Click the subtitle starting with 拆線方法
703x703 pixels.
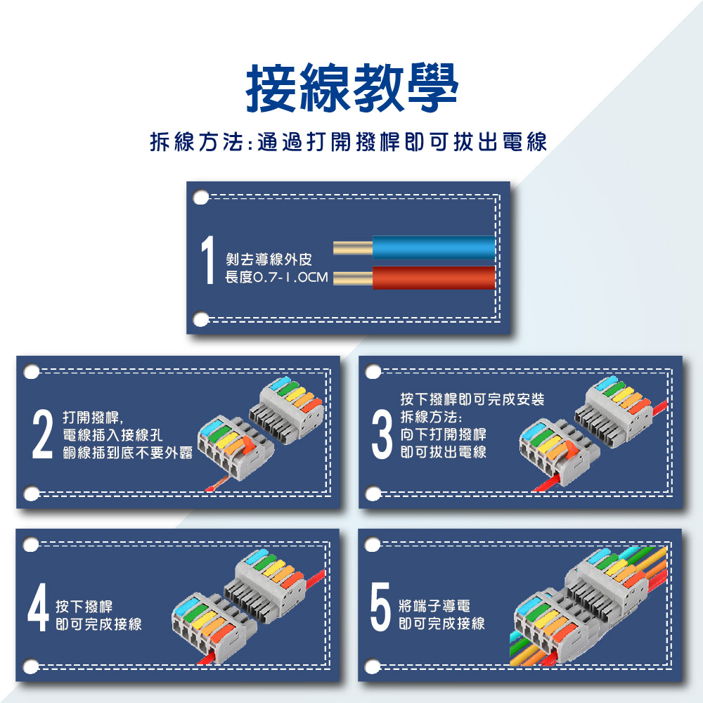tap(349, 143)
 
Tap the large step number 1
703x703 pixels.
tap(207, 260)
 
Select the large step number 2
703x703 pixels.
tap(43, 435)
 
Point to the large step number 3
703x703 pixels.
tap(382, 435)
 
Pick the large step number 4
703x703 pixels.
tap(38, 607)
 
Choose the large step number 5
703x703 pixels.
tap(380, 607)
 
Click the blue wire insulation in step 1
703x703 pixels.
tap(434, 247)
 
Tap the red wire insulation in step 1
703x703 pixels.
tap(434, 278)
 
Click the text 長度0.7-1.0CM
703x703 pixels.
tap(276, 277)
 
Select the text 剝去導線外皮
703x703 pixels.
tap(269, 259)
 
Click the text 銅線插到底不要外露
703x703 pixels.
tap(128, 453)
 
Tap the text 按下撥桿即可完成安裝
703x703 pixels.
tap(472, 399)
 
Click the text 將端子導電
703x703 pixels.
tap(434, 606)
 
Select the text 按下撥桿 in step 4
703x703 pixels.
tap(84, 607)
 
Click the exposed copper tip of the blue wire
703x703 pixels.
tap(353, 247)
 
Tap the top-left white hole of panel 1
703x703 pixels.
tap(201, 198)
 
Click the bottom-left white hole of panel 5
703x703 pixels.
tap(373, 666)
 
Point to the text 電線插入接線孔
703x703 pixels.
tap(112, 435)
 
